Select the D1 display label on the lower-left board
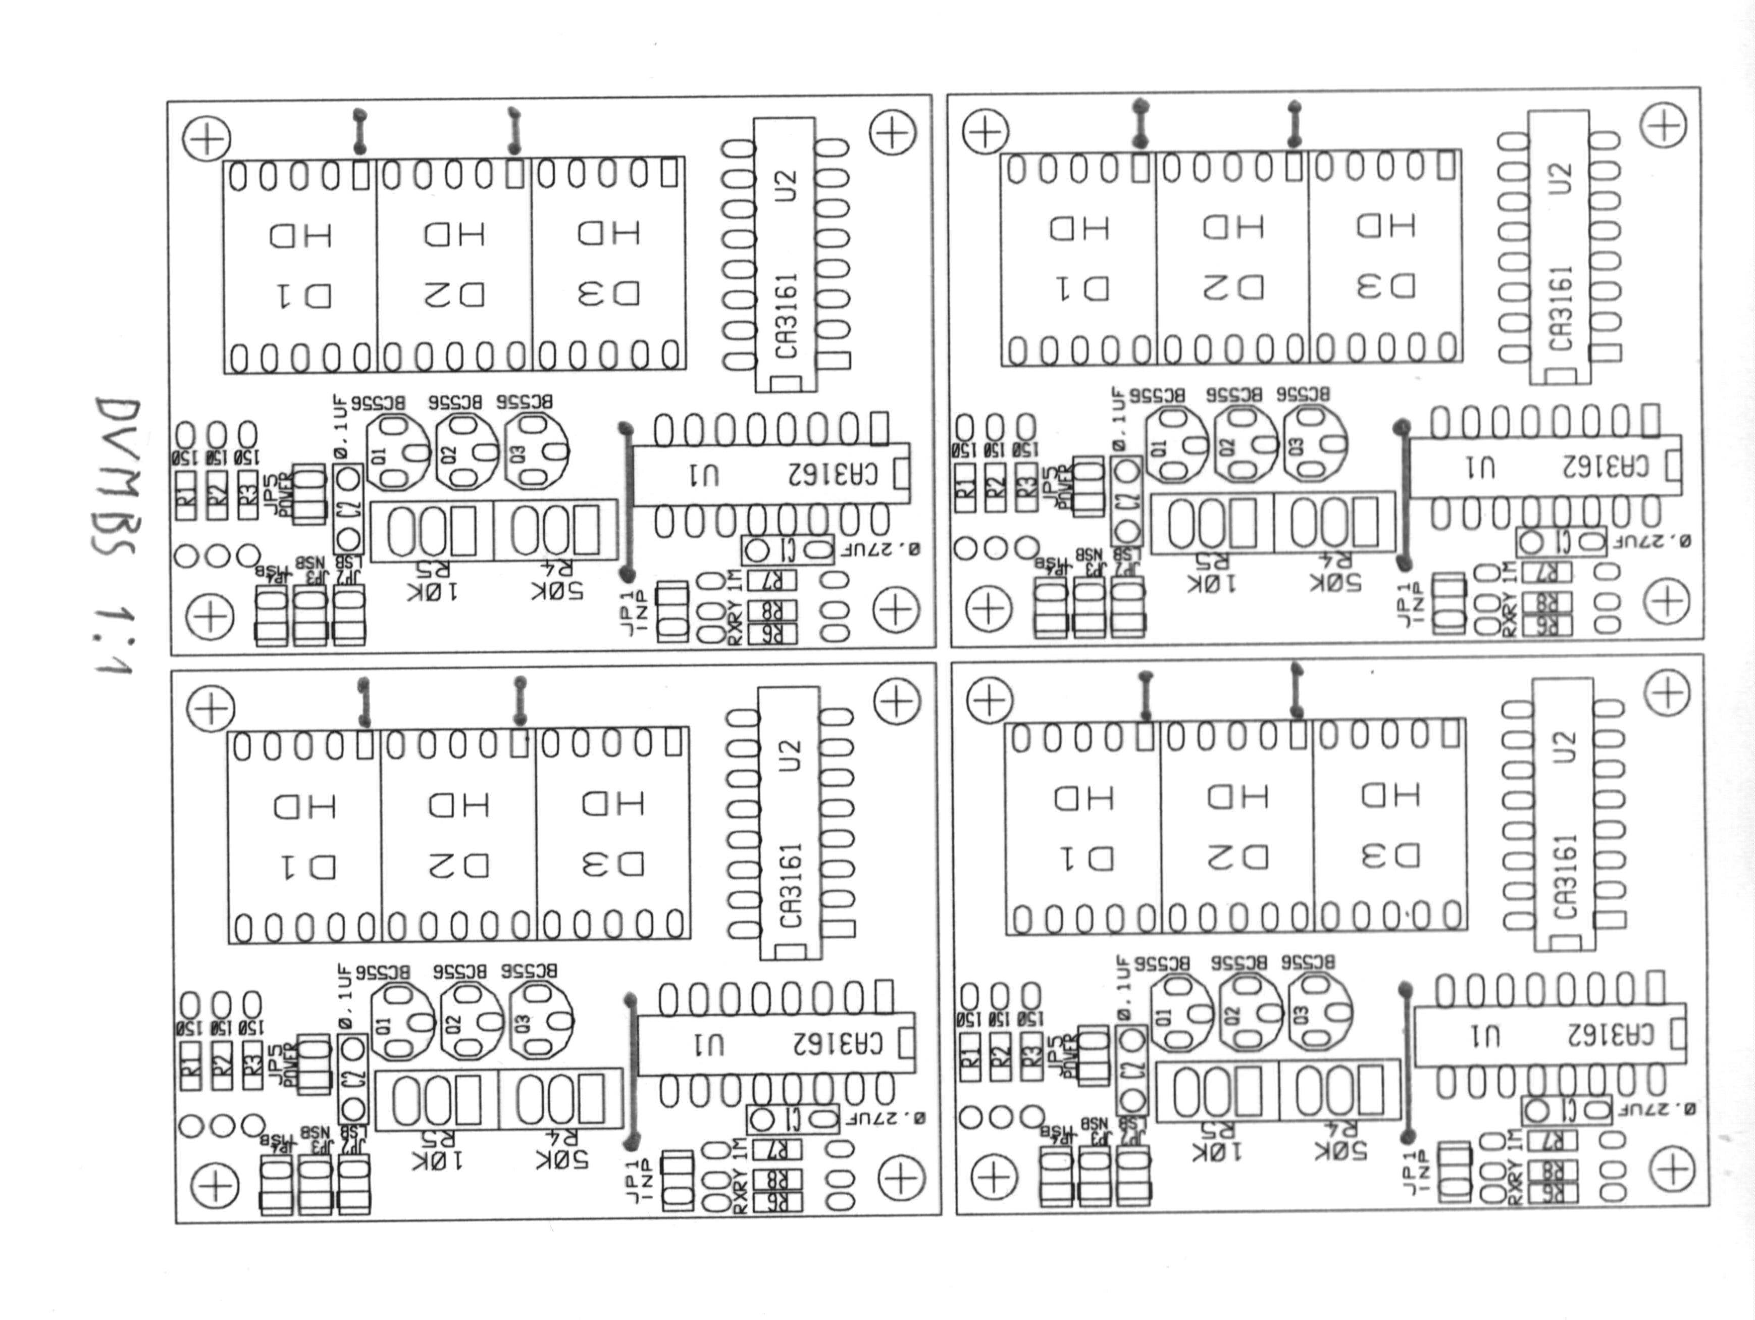click(305, 867)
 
